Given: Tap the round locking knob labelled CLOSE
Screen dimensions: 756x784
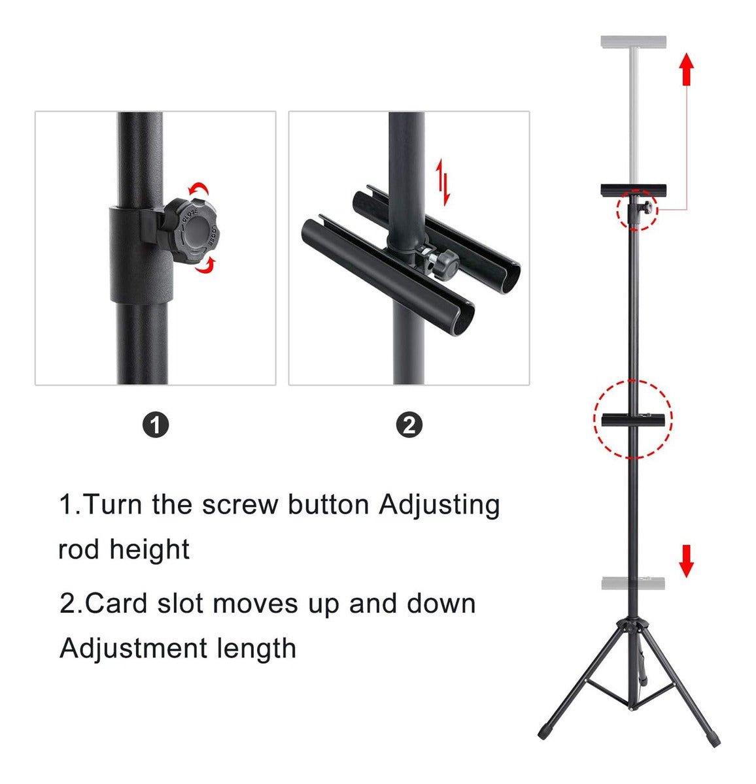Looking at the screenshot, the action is point(192,231).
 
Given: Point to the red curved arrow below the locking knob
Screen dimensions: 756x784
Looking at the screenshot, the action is point(205,264).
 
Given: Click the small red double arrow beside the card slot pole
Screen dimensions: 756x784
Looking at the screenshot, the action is point(443,182).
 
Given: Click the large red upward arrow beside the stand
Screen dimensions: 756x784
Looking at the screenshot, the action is point(687,70).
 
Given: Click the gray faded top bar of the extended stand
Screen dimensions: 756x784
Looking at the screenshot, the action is point(634,42).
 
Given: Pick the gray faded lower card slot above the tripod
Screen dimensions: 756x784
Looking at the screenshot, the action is point(633,583).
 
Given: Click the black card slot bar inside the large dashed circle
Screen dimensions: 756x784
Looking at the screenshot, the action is point(633,420).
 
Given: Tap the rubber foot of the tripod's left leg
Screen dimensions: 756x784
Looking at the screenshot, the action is point(545,731).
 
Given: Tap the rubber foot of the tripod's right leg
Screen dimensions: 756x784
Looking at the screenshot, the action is point(714,740).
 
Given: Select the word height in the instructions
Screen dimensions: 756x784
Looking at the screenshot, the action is point(150,549).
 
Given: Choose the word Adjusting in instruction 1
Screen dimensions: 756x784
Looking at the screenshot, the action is point(439,506).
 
